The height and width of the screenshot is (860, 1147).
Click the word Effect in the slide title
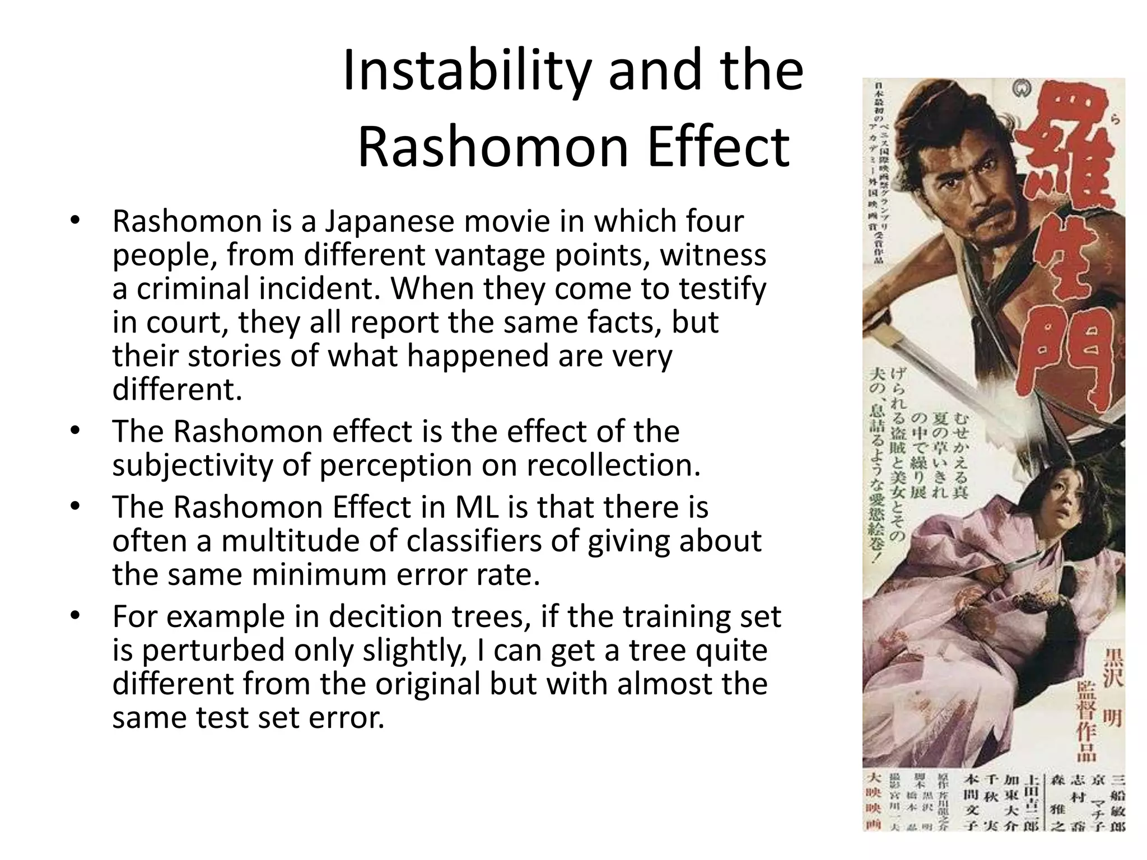(x=719, y=148)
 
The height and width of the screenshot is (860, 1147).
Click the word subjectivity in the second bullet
(x=192, y=465)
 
